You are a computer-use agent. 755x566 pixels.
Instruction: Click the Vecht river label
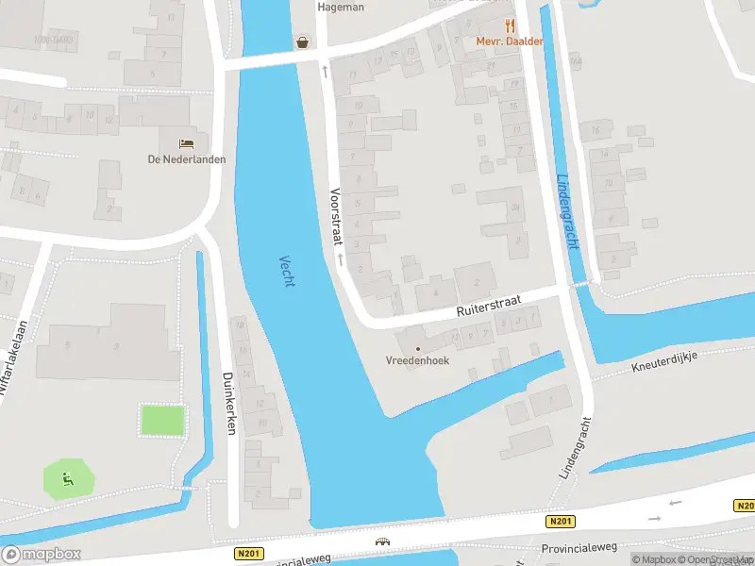[x=287, y=272]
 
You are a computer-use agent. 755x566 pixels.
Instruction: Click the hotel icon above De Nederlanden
[x=187, y=143]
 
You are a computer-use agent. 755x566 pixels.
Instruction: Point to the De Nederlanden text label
[x=187, y=159]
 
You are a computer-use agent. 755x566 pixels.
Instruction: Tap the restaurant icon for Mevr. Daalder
[x=510, y=26]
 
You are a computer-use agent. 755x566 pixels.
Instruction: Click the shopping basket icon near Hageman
[x=302, y=42]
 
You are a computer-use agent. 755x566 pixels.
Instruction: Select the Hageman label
[x=340, y=7]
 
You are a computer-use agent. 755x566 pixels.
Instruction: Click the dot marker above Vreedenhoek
[x=418, y=349]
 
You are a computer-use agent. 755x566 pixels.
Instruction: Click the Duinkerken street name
[x=228, y=402]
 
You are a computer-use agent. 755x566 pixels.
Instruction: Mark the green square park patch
[x=163, y=420]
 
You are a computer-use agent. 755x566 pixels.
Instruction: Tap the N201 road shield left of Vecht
[x=251, y=554]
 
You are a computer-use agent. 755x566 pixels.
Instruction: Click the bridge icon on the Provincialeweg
[x=383, y=542]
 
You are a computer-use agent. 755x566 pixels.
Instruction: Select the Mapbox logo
[x=41, y=554]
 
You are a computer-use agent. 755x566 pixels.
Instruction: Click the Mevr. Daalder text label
[x=510, y=42]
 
